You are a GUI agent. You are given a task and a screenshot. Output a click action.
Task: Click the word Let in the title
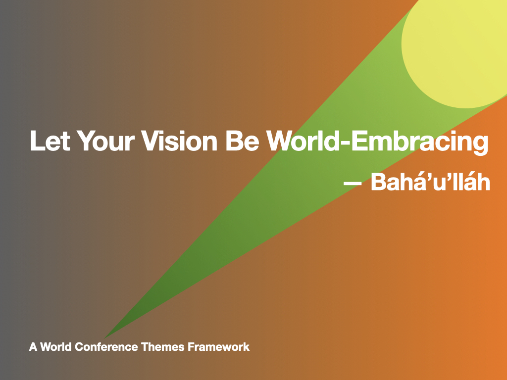point(50,141)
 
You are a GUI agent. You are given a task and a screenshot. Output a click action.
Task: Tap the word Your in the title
point(105,141)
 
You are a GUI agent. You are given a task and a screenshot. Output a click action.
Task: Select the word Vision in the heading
point(180,141)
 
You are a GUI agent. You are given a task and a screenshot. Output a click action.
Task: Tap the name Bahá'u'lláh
point(430,182)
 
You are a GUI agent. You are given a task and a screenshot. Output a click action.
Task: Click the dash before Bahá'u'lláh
point(353,184)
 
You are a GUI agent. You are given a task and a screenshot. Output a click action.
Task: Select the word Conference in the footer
point(106,347)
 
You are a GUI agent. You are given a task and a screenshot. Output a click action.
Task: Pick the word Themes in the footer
point(163,347)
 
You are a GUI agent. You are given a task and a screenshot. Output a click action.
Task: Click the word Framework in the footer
point(219,347)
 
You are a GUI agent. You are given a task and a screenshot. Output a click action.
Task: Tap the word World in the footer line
point(56,347)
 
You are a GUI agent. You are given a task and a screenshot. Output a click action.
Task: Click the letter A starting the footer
point(33,347)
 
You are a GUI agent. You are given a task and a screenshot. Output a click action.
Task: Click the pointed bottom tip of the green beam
point(104,338)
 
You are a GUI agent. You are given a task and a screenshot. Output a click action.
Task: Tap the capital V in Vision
point(151,141)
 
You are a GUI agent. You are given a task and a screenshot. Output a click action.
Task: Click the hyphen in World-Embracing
point(345,143)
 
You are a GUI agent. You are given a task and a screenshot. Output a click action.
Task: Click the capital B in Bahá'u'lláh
point(379,182)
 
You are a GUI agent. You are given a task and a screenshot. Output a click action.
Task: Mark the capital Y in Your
point(86,141)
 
